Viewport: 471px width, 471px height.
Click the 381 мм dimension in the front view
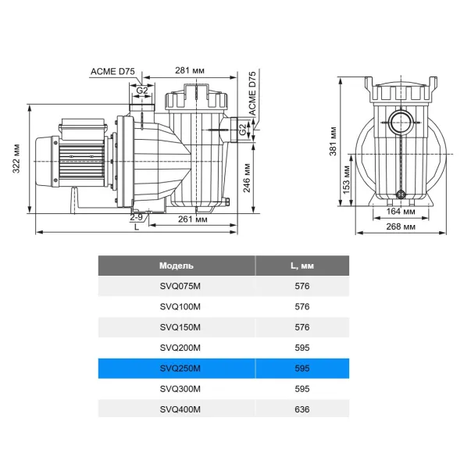click(x=332, y=138)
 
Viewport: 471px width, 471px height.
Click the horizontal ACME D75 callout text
click(x=114, y=71)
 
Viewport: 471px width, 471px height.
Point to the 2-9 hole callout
click(x=136, y=218)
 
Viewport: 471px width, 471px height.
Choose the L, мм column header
click(x=302, y=266)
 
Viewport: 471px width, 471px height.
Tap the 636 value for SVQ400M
click(x=302, y=409)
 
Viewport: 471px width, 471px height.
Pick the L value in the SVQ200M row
click(x=302, y=348)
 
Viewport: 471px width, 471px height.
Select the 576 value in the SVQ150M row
click(x=302, y=327)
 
